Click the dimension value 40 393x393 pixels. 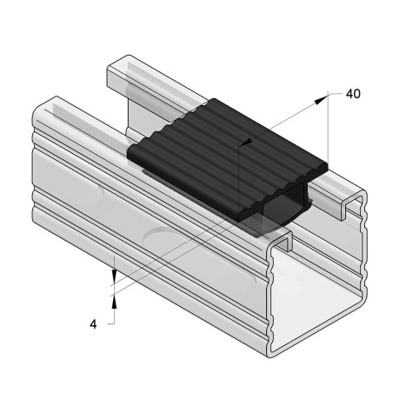click(353, 92)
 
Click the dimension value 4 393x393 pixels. click(93, 324)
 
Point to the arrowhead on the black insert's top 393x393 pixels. click(248, 141)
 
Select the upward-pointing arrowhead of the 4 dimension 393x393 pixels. click(114, 300)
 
